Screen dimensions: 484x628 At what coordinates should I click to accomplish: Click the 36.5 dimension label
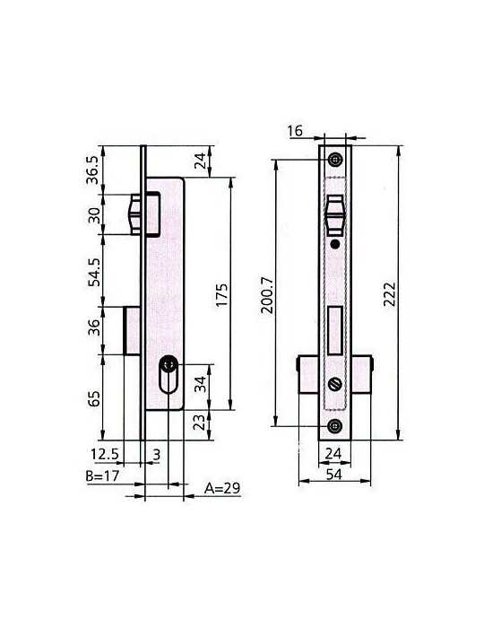pyautogui.click(x=92, y=170)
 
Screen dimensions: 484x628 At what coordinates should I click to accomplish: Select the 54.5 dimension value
pyautogui.click(x=94, y=272)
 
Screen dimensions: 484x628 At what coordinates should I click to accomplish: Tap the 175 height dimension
pyautogui.click(x=221, y=295)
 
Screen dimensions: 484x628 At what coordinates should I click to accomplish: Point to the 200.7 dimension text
pyautogui.click(x=267, y=295)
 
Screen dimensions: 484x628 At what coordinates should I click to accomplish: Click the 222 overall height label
pyautogui.click(x=389, y=294)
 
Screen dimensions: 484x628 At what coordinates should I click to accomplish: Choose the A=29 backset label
pyautogui.click(x=222, y=488)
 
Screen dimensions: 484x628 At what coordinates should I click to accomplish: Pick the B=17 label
pyautogui.click(x=102, y=475)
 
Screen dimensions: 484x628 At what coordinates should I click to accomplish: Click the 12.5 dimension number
pyautogui.click(x=105, y=454)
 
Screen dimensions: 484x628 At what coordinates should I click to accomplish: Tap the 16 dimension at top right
pyautogui.click(x=295, y=131)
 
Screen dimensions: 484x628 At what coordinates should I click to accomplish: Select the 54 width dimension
pyautogui.click(x=334, y=475)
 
